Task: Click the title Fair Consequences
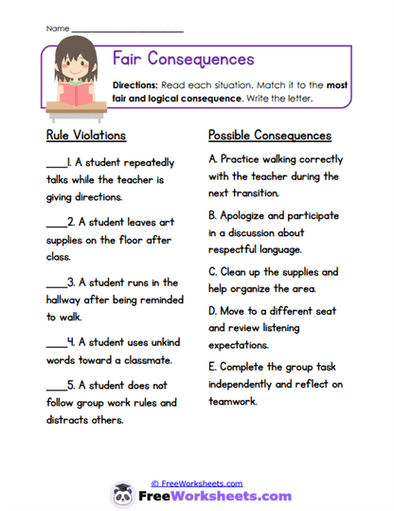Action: [x=184, y=59]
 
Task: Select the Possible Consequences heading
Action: [x=270, y=136]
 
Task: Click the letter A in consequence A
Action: [x=212, y=159]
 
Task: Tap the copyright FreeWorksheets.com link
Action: [x=196, y=484]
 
